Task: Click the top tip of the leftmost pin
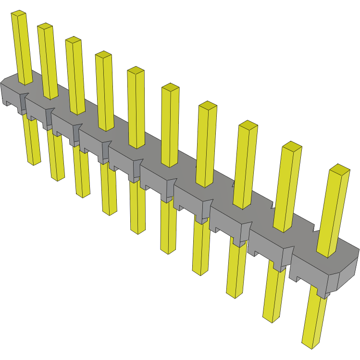click(x=18, y=13)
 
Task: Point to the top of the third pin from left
click(x=73, y=40)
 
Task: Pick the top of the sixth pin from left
click(x=170, y=87)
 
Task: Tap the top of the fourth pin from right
click(x=207, y=105)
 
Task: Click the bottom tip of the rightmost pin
click(x=310, y=345)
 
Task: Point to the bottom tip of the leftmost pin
click(x=34, y=163)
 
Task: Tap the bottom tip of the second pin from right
click(x=272, y=319)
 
